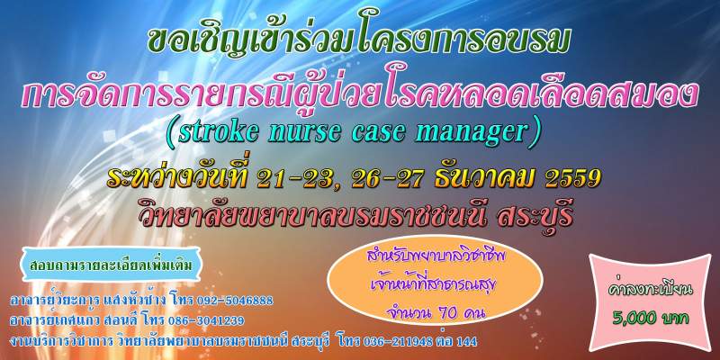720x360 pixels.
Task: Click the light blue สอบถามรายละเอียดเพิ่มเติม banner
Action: tap(111, 265)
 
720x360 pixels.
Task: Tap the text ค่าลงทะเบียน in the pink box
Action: tap(650, 289)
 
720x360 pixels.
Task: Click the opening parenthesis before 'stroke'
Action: tap(172, 133)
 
